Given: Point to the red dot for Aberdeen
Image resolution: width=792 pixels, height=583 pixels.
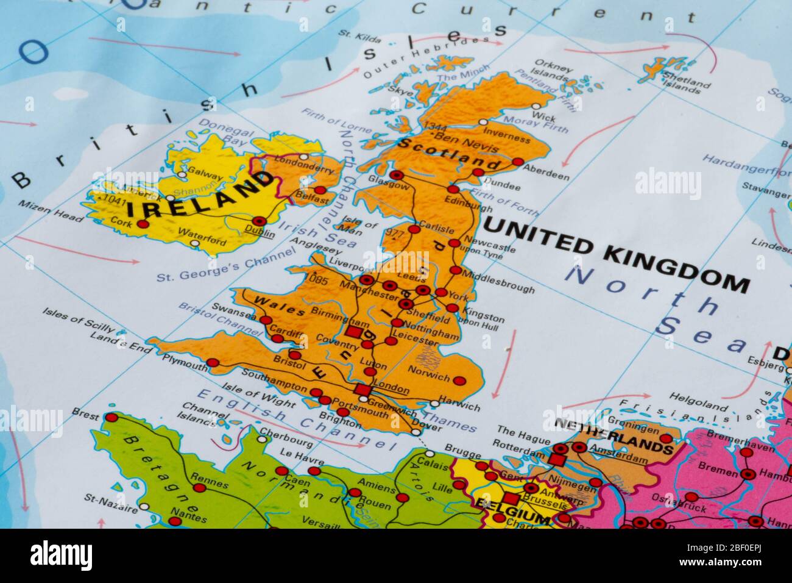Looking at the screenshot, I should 518,162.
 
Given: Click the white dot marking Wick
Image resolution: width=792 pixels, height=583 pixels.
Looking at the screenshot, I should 536,106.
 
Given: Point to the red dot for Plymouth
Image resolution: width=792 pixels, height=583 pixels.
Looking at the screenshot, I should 213,363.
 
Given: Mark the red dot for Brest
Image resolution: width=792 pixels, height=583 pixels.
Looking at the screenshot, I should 111,418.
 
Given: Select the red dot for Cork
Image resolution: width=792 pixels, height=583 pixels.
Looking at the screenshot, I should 143,224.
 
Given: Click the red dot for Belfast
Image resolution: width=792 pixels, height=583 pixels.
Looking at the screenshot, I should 320,190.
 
